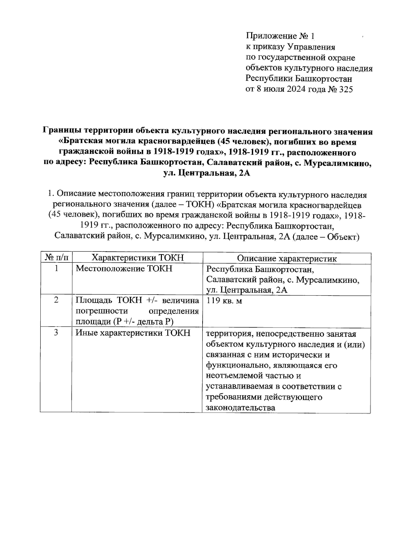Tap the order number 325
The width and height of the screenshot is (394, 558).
(344, 89)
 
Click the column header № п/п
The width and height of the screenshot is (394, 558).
(56, 258)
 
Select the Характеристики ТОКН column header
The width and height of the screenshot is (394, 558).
(137, 258)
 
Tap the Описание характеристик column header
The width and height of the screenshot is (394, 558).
(287, 258)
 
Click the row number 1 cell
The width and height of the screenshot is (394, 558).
(56, 269)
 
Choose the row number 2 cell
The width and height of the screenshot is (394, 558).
(56, 301)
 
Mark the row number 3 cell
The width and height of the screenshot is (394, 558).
(56, 333)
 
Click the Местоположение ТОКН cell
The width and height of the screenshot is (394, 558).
(124, 269)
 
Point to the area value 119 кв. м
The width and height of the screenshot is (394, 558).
(224, 301)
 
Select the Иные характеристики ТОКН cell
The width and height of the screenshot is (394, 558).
(133, 333)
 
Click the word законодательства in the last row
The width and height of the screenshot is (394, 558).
(240, 408)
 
